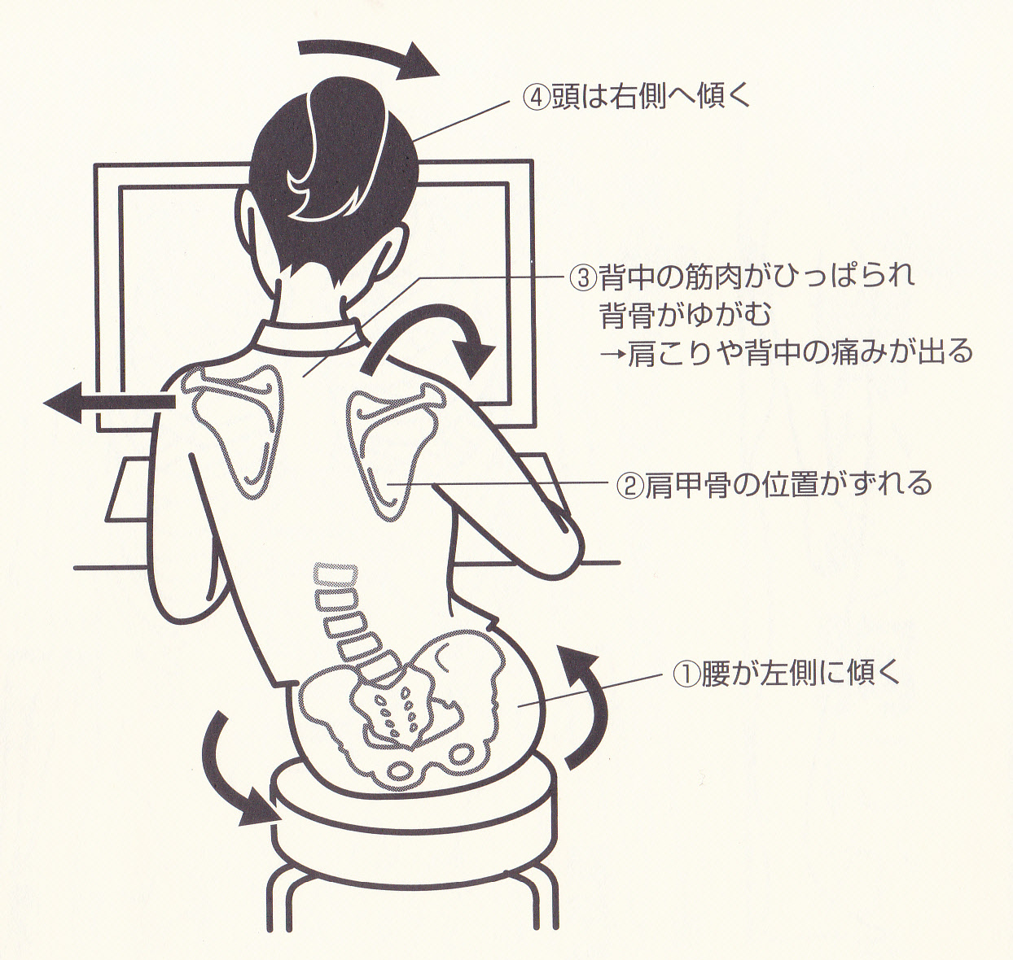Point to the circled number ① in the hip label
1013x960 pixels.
(686, 674)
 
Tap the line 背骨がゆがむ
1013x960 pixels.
(686, 315)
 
